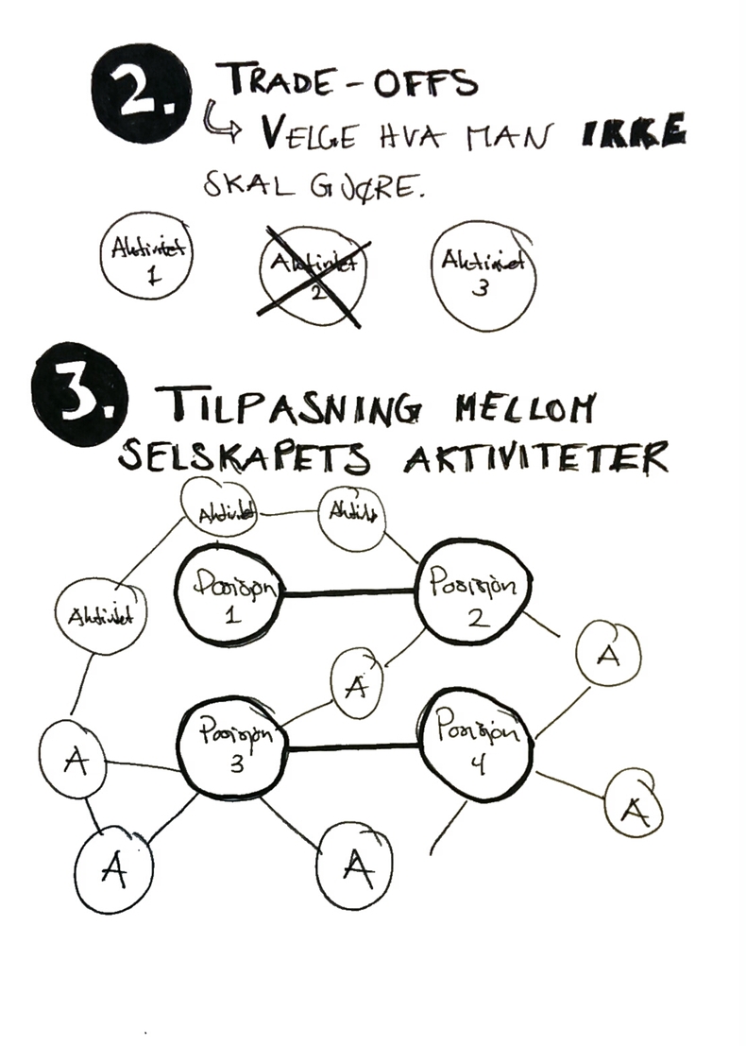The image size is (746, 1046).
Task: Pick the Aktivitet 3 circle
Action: pyautogui.click(x=481, y=273)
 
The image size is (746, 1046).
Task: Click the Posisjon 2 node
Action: pyautogui.click(x=472, y=592)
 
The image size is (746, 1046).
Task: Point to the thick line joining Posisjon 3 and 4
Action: pyautogui.click(x=354, y=747)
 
